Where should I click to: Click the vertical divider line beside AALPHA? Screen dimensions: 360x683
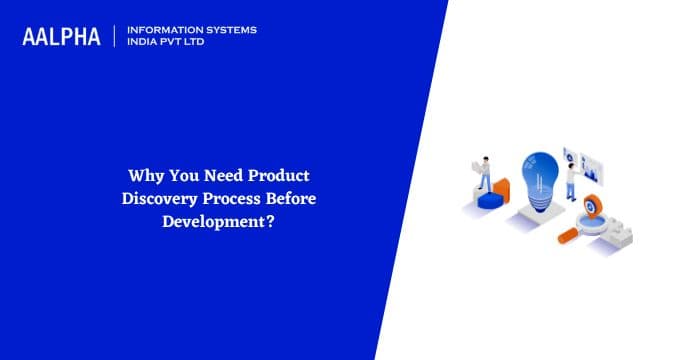pos(116,36)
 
